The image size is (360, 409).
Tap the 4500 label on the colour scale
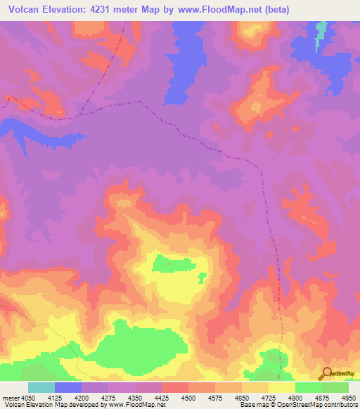click(x=188, y=397)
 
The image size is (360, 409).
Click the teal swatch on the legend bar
click(x=41, y=387)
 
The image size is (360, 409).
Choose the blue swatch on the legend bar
click(x=68, y=387)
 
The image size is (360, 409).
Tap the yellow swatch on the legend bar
click(x=281, y=387)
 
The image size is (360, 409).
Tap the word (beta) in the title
click(x=274, y=9)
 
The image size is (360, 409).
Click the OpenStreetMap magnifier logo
click(x=326, y=373)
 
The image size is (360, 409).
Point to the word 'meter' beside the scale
click(x=10, y=397)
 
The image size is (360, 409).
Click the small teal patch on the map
click(x=322, y=32)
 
